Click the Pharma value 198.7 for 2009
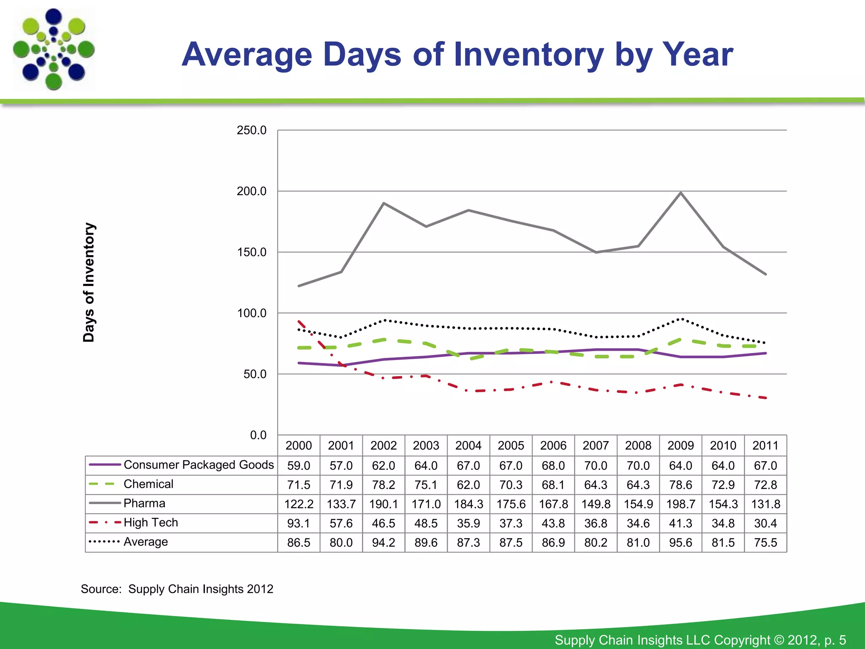(x=680, y=504)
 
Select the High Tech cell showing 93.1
(x=299, y=524)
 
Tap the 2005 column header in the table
(x=511, y=445)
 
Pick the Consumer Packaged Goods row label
(x=199, y=465)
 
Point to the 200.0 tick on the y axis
(x=251, y=191)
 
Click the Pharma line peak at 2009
(x=680, y=193)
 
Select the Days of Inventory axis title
(x=89, y=282)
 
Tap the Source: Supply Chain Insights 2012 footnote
(x=177, y=589)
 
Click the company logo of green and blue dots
(x=54, y=49)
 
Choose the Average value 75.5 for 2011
(x=765, y=543)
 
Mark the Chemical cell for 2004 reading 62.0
(x=468, y=485)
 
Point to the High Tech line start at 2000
(x=299, y=322)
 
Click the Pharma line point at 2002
(x=384, y=203)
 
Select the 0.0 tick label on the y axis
(x=258, y=435)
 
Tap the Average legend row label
(x=145, y=542)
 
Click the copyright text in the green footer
(x=700, y=640)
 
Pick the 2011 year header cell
(x=765, y=445)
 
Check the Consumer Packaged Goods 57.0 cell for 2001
(x=341, y=466)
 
